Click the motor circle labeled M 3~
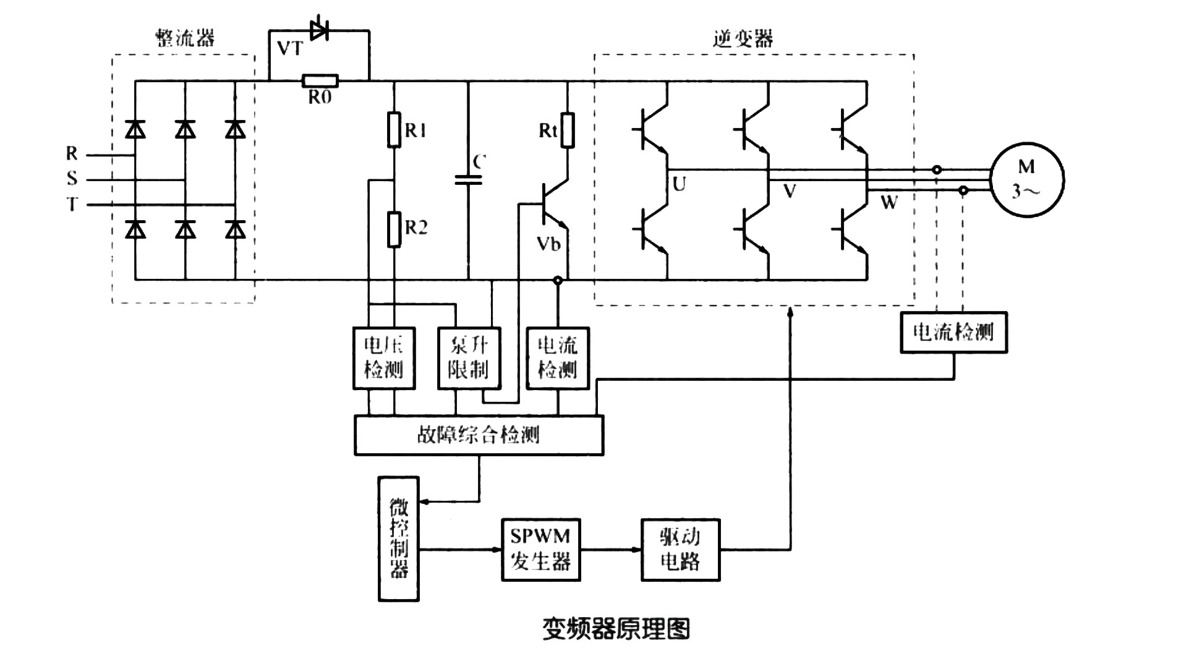click(1027, 180)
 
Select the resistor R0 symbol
click(320, 80)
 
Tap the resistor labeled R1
click(394, 130)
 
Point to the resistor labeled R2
click(394, 229)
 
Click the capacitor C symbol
click(468, 180)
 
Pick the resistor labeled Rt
click(567, 130)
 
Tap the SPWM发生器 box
click(540, 550)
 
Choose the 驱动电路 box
click(680, 550)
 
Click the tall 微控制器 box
click(399, 539)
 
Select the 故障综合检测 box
click(479, 435)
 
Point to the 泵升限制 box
click(469, 358)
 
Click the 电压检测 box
click(383, 358)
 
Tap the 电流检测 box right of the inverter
click(953, 333)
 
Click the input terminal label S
click(72, 179)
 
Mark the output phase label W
click(889, 202)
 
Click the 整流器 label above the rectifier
click(184, 38)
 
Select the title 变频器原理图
click(616, 629)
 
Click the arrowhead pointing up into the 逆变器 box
click(790, 313)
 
